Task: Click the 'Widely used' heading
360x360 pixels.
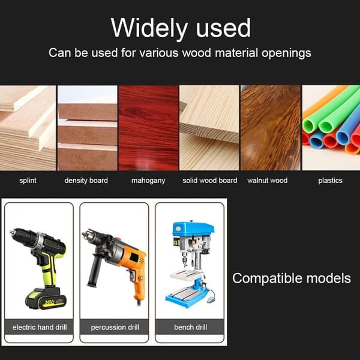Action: [181, 28]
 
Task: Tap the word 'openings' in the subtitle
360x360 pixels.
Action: [286, 53]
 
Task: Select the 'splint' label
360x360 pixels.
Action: [28, 181]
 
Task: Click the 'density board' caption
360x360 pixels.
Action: [86, 181]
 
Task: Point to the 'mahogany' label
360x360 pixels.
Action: [148, 181]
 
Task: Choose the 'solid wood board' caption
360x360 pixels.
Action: [210, 181]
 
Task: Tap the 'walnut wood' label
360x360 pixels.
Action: [267, 181]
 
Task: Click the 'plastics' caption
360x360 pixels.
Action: [330, 181]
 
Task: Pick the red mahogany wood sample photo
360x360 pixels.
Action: [149, 128]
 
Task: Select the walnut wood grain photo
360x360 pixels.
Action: [271, 128]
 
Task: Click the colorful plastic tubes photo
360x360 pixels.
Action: [331, 128]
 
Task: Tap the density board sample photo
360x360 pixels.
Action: [88, 128]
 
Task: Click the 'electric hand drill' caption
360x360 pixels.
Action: [40, 327]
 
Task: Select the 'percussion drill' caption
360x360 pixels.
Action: [115, 328]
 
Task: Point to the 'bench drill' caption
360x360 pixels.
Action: [191, 327]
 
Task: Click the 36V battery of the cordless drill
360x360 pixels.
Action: [46, 298]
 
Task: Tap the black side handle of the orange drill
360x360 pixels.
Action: [95, 271]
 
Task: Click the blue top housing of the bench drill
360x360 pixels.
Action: [193, 229]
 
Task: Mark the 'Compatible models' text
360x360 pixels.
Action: [292, 278]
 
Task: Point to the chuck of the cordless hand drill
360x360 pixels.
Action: [20, 236]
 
